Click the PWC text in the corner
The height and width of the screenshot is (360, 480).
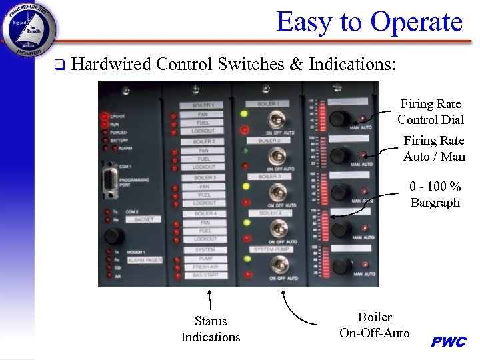coord(449,342)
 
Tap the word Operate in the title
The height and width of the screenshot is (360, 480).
coord(417,22)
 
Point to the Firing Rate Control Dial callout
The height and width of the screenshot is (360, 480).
coord(430,112)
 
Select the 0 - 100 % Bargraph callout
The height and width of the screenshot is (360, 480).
coord(435,195)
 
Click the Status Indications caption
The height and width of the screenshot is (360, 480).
coord(211,329)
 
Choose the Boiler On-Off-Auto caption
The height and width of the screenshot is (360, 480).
coord(375,325)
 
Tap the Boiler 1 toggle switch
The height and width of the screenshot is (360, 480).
coord(272,121)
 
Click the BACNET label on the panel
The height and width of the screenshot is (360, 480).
coord(143,219)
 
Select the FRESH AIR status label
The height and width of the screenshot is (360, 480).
coord(205,267)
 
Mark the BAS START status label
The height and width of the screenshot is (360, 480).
coord(205,275)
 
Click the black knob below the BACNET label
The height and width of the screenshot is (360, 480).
coord(114,237)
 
